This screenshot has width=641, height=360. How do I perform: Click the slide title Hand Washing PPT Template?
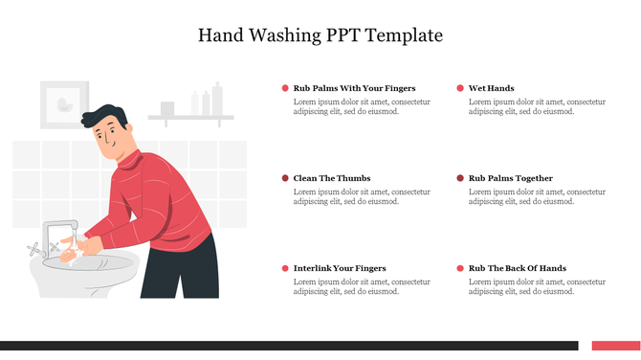tap(320, 35)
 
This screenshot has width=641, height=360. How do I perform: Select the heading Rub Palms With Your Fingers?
tap(354, 88)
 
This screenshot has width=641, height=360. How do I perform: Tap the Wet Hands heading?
tap(491, 88)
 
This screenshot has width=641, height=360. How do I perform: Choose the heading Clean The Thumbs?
tap(331, 178)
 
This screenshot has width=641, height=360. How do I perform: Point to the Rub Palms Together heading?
tap(510, 178)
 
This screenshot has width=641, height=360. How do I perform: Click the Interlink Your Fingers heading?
tap(340, 268)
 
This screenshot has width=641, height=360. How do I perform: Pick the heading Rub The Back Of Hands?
tap(517, 268)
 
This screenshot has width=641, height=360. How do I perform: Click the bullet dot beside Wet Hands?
tap(460, 88)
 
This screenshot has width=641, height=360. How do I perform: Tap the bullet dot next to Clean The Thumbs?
tap(285, 178)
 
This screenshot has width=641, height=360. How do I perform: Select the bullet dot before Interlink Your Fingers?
tap(285, 268)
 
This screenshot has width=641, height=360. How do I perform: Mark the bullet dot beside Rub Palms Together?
tap(460, 178)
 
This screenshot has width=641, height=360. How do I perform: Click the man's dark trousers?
tap(191, 273)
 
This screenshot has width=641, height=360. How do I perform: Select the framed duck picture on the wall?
tap(64, 104)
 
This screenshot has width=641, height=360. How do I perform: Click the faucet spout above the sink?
tap(62, 227)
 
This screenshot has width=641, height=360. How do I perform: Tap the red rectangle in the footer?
tap(615, 346)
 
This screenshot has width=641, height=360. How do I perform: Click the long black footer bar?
tap(287, 346)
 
